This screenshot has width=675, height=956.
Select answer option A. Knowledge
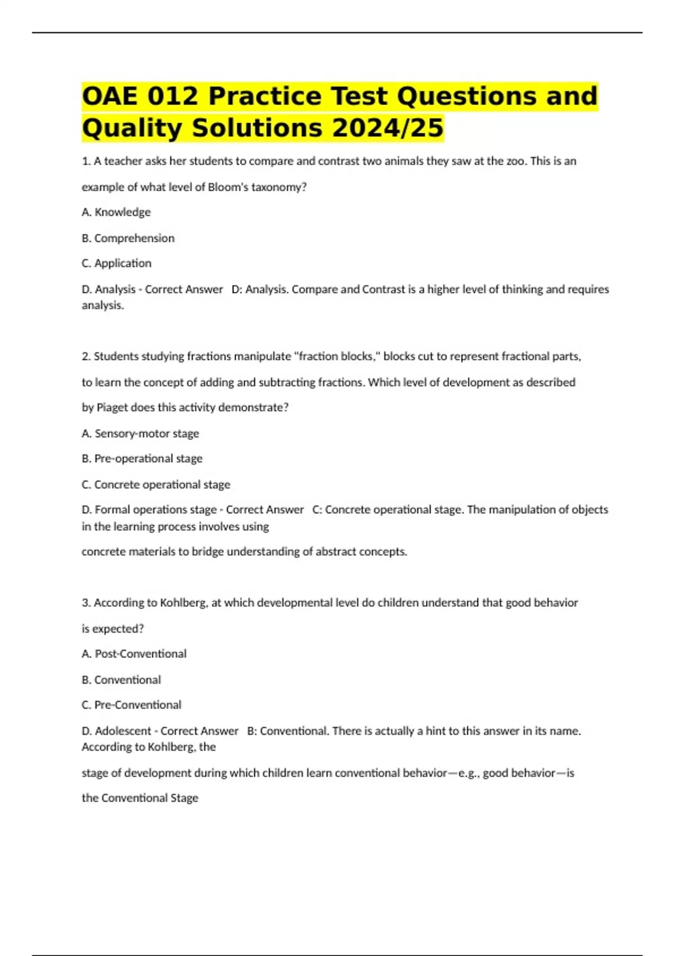116,212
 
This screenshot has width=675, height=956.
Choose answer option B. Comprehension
128,238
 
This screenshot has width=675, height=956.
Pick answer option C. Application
116,263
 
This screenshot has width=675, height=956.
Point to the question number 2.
86,356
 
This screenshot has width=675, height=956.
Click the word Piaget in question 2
112,407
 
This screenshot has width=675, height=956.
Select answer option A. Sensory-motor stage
141,433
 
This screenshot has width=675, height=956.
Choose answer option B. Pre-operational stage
142,458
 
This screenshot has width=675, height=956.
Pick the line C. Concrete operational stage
156,484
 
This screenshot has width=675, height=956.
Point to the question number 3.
86,602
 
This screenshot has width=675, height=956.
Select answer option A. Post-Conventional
134,653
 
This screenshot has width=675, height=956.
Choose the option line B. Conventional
121,679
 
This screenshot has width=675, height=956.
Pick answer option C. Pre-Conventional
132,705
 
